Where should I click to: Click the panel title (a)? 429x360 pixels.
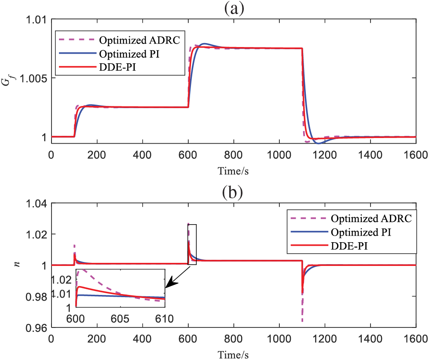point(234,9)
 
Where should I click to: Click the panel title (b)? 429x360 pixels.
point(234,193)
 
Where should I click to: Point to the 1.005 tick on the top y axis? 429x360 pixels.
point(35,78)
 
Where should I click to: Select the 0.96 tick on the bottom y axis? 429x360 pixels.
point(38,328)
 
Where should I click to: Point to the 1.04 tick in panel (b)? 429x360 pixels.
point(38,203)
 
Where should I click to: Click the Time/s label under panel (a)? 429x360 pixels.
point(234,169)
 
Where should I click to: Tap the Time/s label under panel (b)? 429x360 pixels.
point(234,353)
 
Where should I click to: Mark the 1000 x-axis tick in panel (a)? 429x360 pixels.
point(279,155)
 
